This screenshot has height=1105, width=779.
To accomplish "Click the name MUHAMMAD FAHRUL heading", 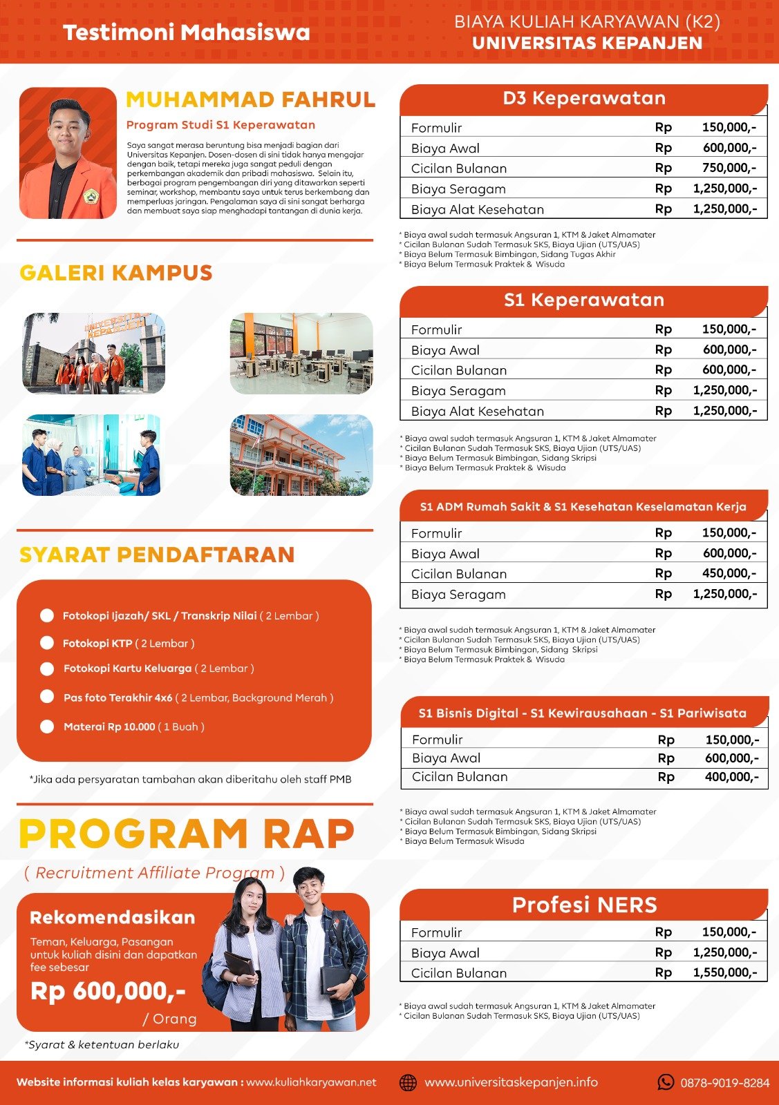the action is click(250, 100).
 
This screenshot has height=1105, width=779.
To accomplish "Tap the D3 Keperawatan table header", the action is click(584, 98).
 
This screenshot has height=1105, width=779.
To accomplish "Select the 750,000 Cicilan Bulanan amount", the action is click(729, 168).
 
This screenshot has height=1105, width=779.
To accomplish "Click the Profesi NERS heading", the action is click(584, 905).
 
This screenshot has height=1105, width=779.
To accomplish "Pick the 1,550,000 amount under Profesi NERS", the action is click(724, 972).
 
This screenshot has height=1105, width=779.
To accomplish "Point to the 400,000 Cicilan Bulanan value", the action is click(731, 777).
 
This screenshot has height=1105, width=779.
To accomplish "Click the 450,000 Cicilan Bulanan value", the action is click(729, 573).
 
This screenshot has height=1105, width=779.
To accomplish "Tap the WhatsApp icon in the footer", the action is click(666, 1082).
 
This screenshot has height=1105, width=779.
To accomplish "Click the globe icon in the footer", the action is click(409, 1082).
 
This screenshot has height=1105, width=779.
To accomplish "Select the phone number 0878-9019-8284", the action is click(724, 1083).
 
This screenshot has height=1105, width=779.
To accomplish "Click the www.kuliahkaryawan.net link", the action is click(311, 1082).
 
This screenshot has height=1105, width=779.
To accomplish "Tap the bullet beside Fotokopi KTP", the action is click(47, 643).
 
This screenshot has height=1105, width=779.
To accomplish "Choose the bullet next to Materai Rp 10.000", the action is click(47, 727).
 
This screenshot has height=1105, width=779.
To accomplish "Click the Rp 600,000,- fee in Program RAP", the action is click(109, 992).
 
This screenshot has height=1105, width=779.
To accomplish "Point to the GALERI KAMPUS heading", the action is click(116, 273).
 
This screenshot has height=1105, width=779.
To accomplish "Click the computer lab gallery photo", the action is click(301, 354).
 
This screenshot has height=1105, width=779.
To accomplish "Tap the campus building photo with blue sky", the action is click(301, 455).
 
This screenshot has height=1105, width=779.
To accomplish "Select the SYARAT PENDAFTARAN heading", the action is click(157, 555).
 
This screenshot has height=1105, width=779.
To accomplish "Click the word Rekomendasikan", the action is click(113, 918).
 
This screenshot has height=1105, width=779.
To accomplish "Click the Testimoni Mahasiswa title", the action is click(187, 32).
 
